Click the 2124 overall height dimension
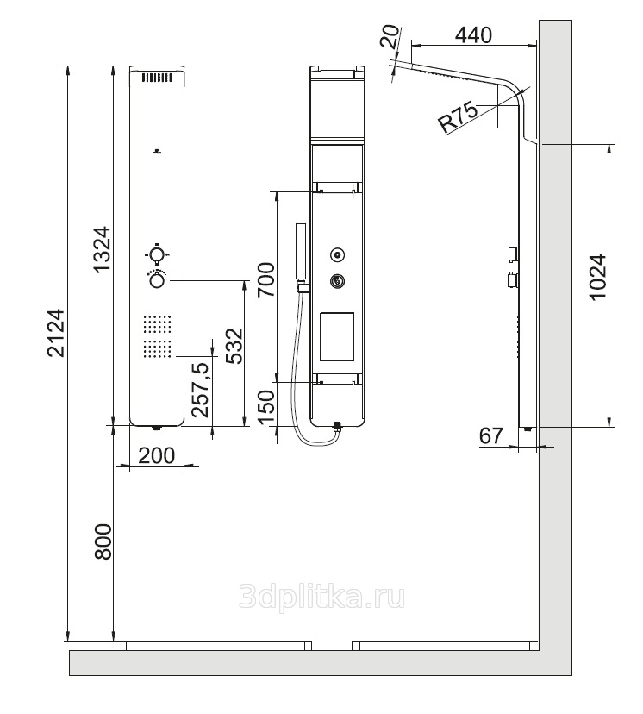(57, 332)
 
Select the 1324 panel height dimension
(102, 248)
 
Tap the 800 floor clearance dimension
(103, 542)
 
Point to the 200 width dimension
(156, 455)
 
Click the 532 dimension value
(234, 346)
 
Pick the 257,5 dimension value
(200, 390)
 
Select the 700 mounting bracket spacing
(266, 279)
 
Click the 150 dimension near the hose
(266, 407)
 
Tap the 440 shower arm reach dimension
(474, 34)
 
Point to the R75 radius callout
(458, 117)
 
